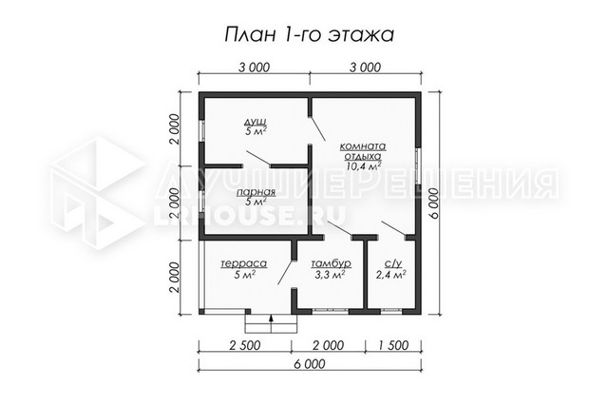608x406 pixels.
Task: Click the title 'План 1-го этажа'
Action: [x=309, y=34]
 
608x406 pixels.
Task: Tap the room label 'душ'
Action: [x=256, y=122]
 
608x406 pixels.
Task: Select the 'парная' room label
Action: [x=256, y=192]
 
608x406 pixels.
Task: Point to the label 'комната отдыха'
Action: [x=363, y=151]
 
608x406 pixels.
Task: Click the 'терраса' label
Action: [x=244, y=264]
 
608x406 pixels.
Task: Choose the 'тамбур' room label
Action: [x=331, y=264]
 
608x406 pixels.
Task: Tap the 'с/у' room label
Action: [x=392, y=264]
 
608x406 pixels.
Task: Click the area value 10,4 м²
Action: [x=363, y=166]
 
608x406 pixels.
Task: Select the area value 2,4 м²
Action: [x=390, y=275]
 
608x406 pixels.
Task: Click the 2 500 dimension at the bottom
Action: [x=245, y=345]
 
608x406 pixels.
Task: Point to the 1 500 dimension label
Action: [x=392, y=345]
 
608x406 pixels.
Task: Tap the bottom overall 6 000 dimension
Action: [x=310, y=364]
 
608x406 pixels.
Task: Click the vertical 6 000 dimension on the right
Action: [x=434, y=203]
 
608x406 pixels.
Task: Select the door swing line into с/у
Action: [x=393, y=228]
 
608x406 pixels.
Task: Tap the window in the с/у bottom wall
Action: [x=391, y=310]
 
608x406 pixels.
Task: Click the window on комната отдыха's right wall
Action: [x=418, y=166]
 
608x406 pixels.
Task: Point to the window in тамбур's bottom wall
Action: [x=331, y=310]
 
